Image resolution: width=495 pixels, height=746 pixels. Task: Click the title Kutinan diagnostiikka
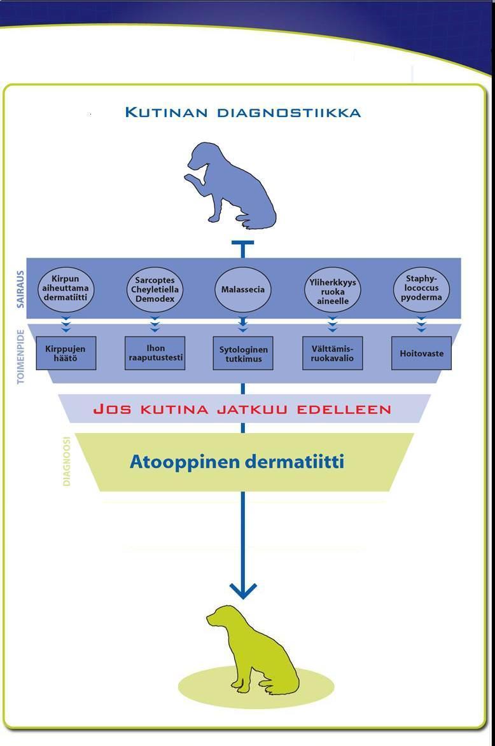[x=242, y=113]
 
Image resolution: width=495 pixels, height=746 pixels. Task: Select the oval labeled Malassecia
[x=242, y=289]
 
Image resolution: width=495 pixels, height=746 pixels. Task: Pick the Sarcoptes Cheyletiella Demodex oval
[x=155, y=289]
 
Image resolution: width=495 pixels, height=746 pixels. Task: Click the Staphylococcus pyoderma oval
[x=421, y=289]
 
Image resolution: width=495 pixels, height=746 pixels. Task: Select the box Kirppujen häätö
[x=66, y=353]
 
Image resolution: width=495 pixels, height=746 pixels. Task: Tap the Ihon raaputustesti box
[x=155, y=353]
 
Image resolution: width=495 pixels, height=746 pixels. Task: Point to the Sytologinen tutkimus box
[x=242, y=354]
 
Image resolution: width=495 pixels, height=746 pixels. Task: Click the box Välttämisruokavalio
[x=332, y=354]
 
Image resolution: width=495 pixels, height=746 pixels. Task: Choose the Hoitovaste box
[x=421, y=354]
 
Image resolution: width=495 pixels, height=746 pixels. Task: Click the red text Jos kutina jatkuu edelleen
[x=242, y=409]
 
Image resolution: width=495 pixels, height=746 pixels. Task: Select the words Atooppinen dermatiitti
[x=237, y=462]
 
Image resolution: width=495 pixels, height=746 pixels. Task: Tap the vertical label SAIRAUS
[x=20, y=289]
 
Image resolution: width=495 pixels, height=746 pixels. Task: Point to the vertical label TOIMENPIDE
[x=20, y=356]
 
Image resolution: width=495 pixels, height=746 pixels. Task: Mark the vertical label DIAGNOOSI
[x=67, y=462]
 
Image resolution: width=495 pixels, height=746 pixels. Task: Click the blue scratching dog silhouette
[x=232, y=186]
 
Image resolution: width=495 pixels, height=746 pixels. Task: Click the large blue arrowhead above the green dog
[x=242, y=590]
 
